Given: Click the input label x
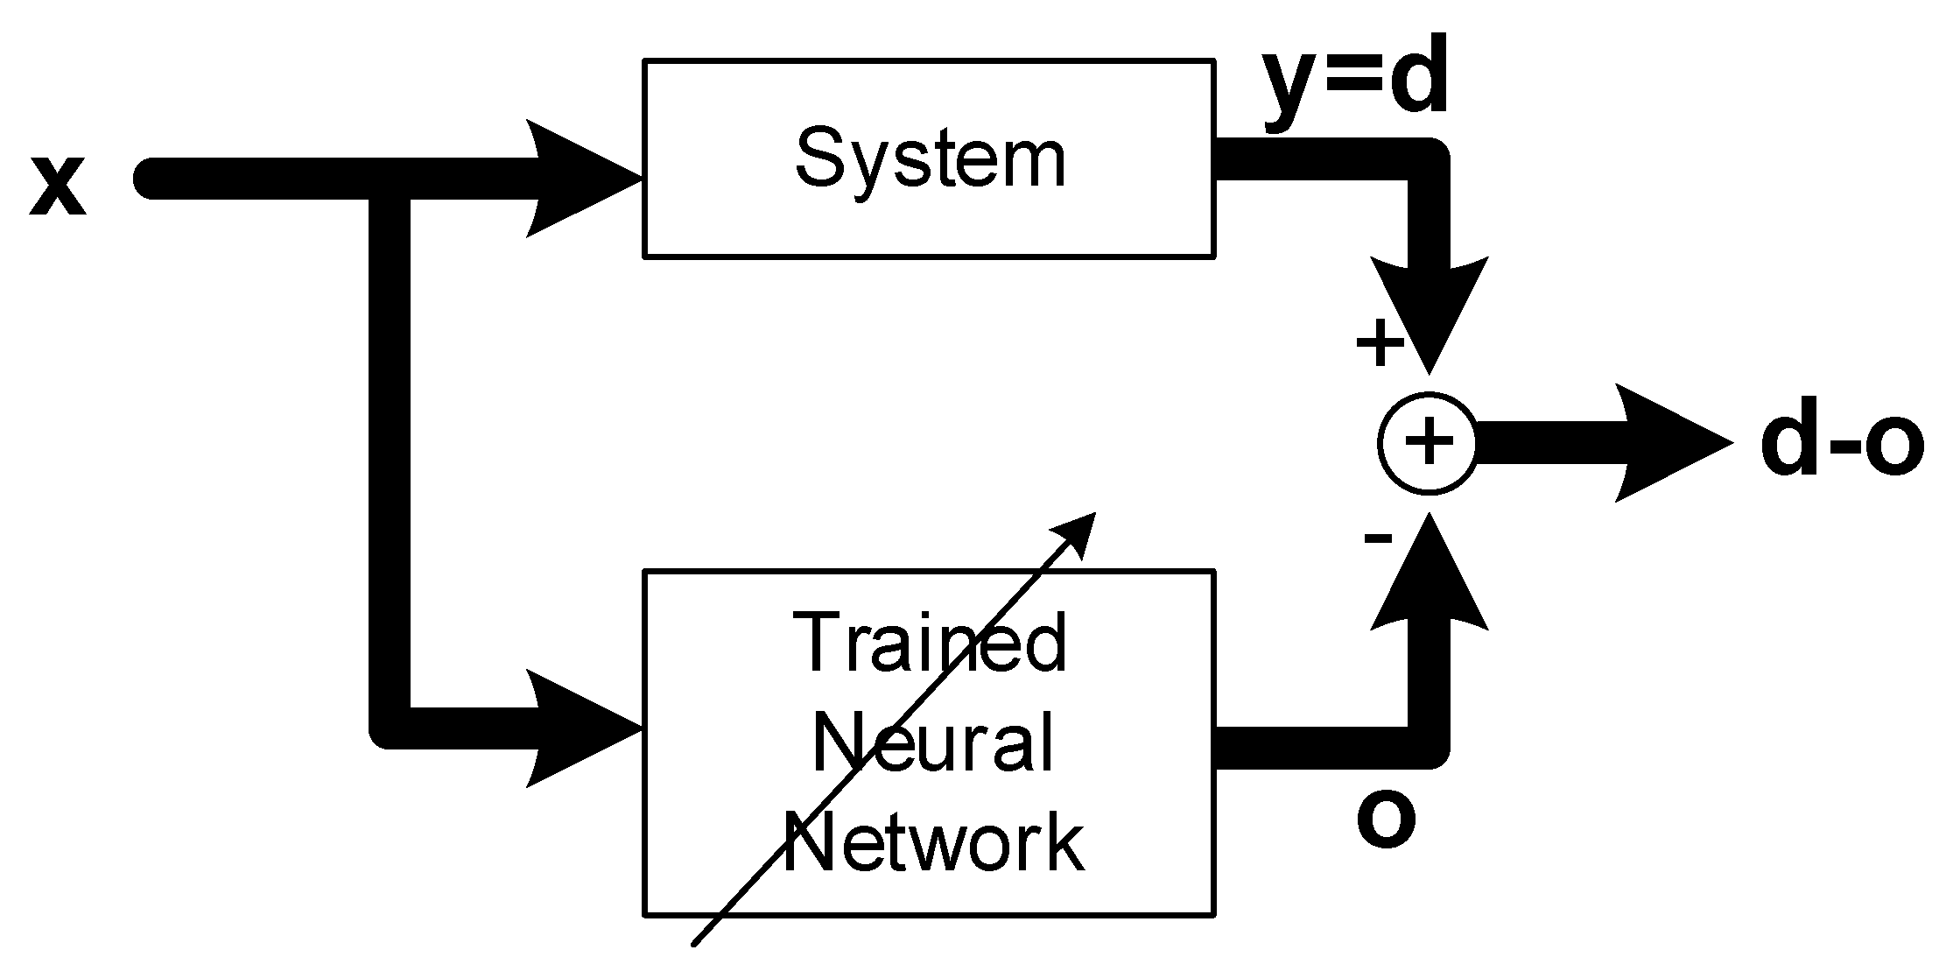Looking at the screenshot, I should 57,187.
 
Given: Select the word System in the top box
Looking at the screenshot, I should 930,158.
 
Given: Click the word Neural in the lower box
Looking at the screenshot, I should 931,742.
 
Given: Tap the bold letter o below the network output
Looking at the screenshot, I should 1386,820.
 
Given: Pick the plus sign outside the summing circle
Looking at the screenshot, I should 1380,341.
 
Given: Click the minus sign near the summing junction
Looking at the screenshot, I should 1378,537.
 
